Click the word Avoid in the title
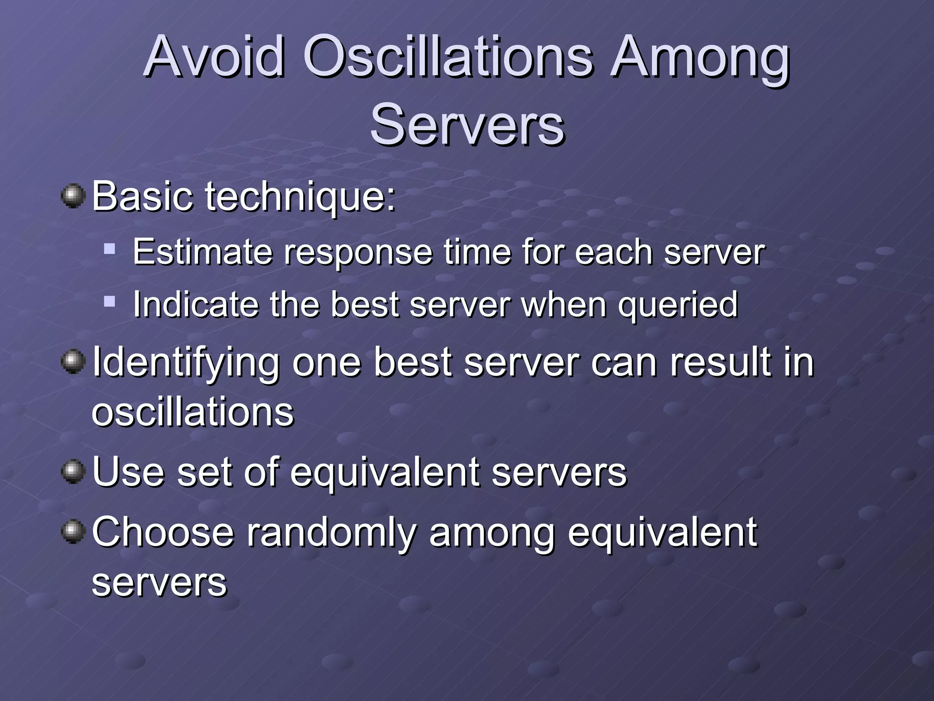pyautogui.click(x=214, y=57)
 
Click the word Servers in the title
pyautogui.click(x=467, y=124)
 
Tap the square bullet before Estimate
pyautogui.click(x=109, y=249)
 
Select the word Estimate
pyautogui.click(x=203, y=252)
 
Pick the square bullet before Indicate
pyautogui.click(x=109, y=301)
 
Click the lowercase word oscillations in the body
pyautogui.click(x=192, y=412)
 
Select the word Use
pyautogui.click(x=128, y=472)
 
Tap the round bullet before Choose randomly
pyautogui.click(x=73, y=532)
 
